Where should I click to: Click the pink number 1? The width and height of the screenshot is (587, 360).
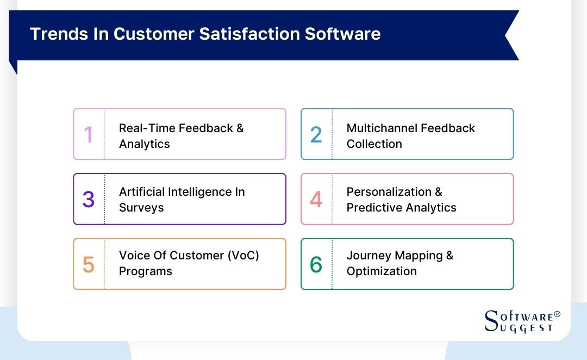[x=88, y=135]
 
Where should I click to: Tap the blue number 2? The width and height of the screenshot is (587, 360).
[x=316, y=135]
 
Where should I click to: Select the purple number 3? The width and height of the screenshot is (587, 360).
[x=89, y=200]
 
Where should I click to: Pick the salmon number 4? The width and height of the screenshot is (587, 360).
[x=316, y=200]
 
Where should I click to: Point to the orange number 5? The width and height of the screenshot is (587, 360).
[x=89, y=265]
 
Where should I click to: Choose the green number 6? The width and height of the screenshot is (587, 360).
[x=316, y=265]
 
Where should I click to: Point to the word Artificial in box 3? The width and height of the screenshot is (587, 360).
[x=142, y=192]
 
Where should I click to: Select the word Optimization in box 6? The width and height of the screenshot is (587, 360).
[x=382, y=271]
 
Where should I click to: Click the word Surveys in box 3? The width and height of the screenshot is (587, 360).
[x=141, y=208]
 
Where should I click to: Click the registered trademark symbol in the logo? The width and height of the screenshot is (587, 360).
[x=557, y=314]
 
